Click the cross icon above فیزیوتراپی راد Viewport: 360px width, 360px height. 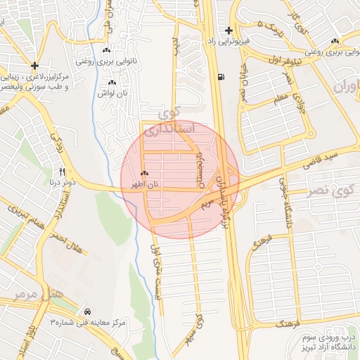pos(229,30)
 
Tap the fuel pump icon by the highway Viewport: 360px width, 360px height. pos(222,77)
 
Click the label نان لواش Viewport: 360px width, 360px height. pos(112,93)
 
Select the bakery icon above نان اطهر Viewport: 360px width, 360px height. pos(144,173)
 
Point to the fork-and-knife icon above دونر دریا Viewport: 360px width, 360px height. pos(62,172)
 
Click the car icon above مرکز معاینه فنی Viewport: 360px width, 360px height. pos(86,311)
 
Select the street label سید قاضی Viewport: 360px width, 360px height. pos(321,159)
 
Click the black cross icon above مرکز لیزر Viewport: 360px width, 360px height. pos(34,65)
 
